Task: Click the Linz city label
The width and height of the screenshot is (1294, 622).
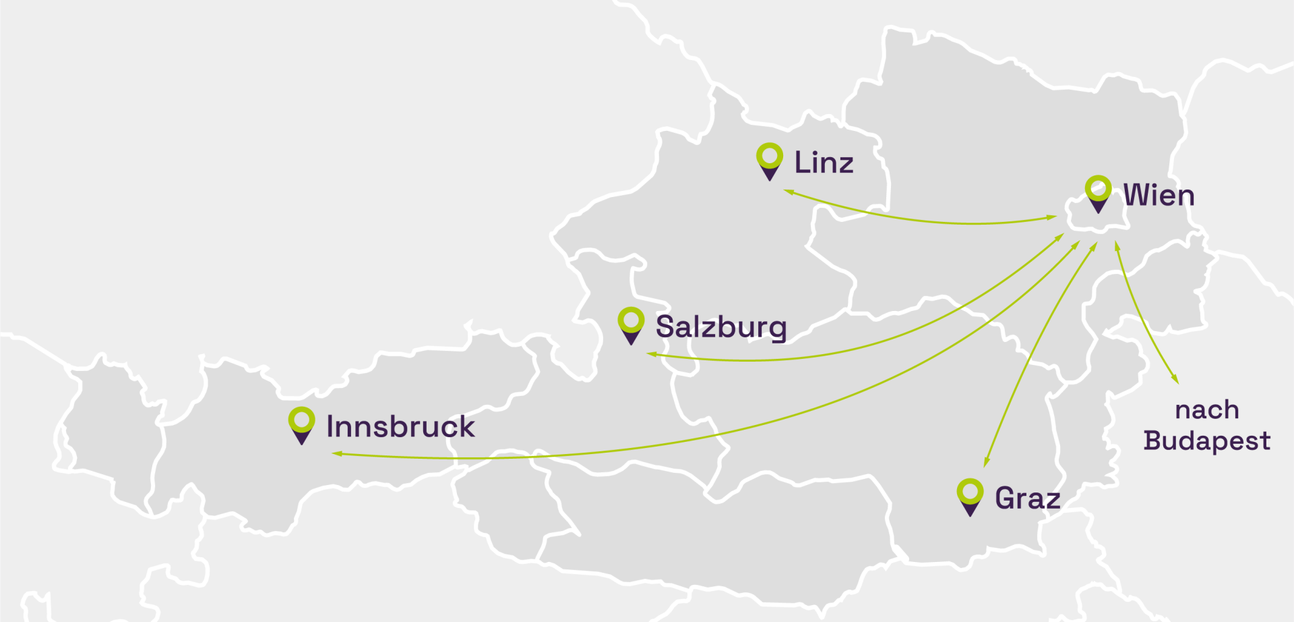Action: (824, 163)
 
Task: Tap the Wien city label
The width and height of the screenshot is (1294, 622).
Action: (1159, 196)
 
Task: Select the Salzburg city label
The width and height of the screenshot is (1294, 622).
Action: (721, 327)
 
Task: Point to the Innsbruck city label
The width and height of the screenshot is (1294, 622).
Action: (400, 427)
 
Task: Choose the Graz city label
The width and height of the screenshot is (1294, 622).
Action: (1027, 499)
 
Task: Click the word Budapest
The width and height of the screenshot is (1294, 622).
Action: (1206, 441)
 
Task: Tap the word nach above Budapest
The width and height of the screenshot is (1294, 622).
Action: (1206, 410)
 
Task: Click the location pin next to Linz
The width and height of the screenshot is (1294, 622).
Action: (769, 161)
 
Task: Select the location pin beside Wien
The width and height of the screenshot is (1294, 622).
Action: (1098, 193)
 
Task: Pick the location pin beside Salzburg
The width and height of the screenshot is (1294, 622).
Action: (631, 324)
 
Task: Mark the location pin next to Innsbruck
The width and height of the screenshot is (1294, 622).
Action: (301, 424)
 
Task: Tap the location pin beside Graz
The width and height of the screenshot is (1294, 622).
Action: (970, 496)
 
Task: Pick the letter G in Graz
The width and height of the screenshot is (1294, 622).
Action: (1004, 499)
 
